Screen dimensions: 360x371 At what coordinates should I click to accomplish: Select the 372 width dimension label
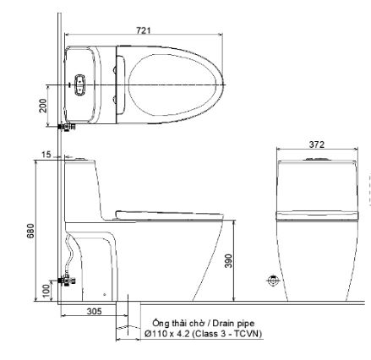[315, 145]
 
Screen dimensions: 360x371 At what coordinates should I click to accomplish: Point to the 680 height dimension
[30, 230]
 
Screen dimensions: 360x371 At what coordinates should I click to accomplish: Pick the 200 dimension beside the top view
[43, 105]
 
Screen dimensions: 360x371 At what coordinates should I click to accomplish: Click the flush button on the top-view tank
[80, 85]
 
